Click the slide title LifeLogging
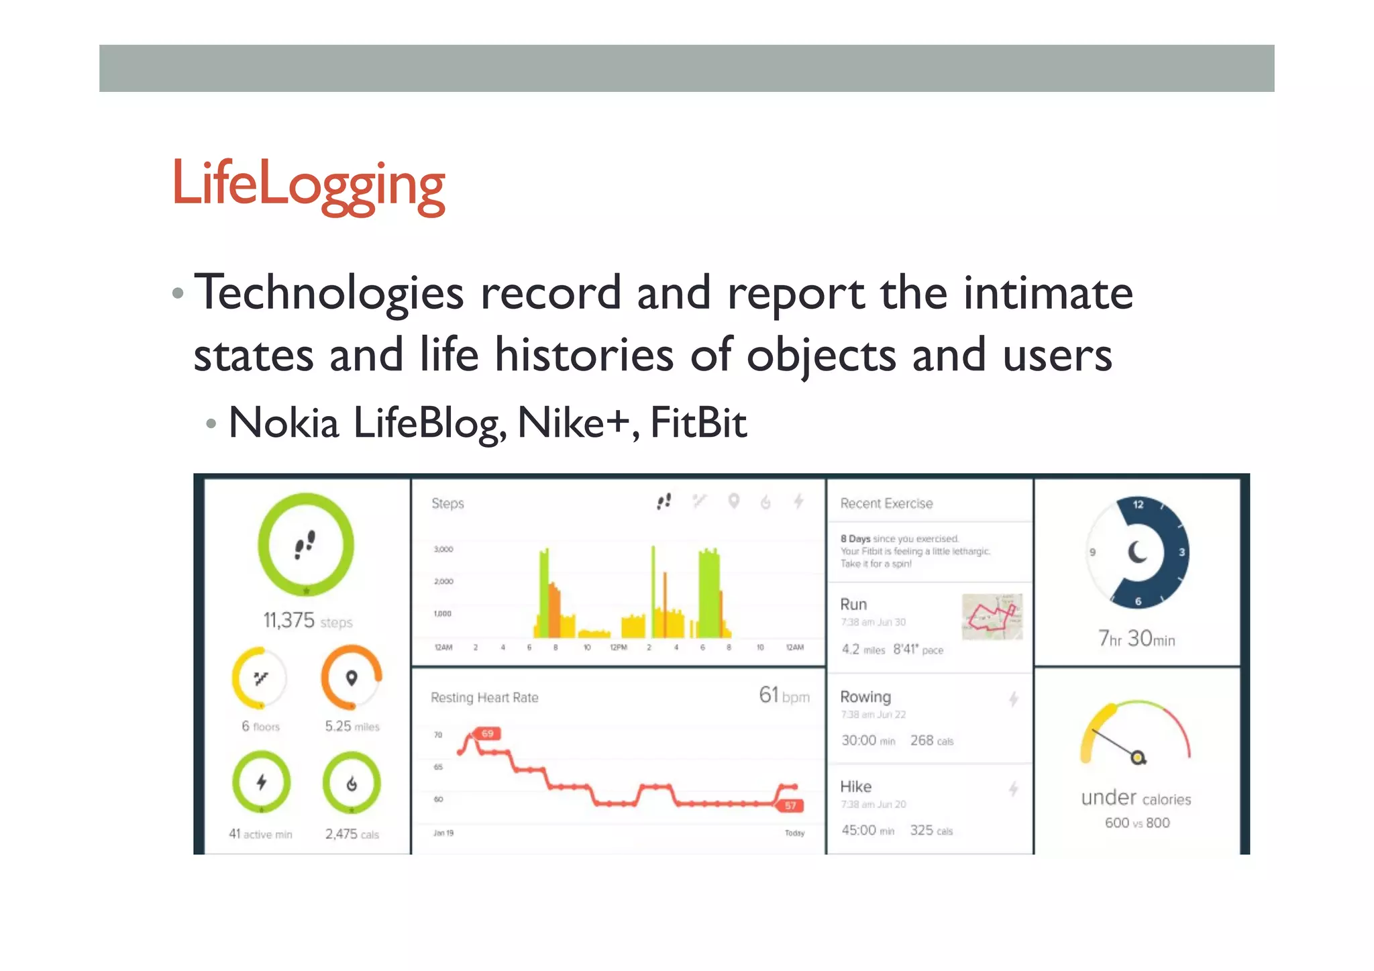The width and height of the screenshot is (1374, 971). (x=309, y=185)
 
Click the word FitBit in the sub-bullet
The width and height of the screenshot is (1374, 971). (x=698, y=423)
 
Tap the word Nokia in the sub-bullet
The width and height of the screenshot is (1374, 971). (x=284, y=423)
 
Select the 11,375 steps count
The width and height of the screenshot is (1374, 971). (x=307, y=621)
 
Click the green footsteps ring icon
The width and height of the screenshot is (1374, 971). (x=306, y=544)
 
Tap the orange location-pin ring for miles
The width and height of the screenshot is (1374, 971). (x=352, y=678)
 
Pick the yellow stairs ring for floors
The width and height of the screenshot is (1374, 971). (x=260, y=678)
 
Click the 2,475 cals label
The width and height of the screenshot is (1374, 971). (x=352, y=834)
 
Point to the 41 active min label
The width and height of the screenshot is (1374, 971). (x=260, y=834)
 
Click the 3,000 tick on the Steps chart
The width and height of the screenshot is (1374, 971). (x=443, y=549)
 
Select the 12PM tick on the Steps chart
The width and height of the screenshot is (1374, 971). (x=618, y=648)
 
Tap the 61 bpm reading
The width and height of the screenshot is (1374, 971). (x=784, y=695)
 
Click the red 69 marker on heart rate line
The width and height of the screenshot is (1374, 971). (x=487, y=733)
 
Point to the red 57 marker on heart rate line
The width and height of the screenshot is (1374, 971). (x=790, y=805)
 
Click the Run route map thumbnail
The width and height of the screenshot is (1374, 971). (x=992, y=616)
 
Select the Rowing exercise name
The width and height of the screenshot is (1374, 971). (x=865, y=697)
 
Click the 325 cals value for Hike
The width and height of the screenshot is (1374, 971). (x=931, y=831)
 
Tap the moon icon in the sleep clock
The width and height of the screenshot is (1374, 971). (x=1137, y=552)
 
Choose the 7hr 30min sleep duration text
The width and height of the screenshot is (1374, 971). (x=1137, y=638)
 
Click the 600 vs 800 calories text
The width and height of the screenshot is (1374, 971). (x=1137, y=823)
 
